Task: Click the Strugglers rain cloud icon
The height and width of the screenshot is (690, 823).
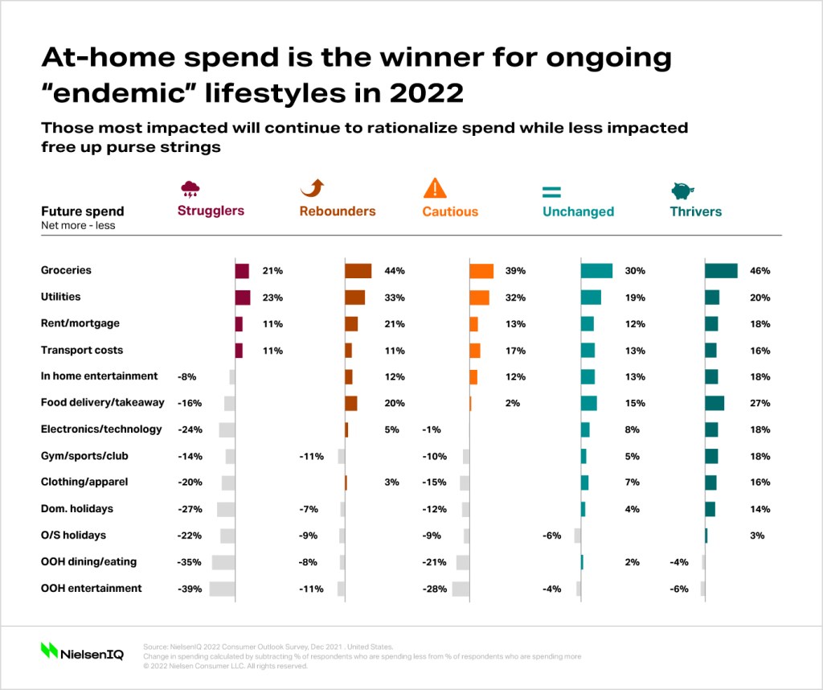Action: [190, 189]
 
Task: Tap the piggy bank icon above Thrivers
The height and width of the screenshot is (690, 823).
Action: [682, 191]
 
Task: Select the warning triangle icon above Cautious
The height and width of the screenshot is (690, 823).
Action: [435, 188]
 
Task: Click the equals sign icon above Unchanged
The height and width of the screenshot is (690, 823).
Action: [551, 191]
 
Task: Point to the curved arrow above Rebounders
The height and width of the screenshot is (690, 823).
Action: [313, 188]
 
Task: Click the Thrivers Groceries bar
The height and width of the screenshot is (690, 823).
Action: [721, 271]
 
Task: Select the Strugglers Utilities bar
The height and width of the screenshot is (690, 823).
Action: [243, 298]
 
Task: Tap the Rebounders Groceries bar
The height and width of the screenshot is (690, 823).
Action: [358, 271]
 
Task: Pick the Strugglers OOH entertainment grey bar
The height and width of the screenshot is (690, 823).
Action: [222, 589]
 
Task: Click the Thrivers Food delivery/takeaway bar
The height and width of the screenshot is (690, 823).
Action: [714, 403]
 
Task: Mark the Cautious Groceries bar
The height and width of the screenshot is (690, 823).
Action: [481, 271]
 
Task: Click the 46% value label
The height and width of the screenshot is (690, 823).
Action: [760, 271]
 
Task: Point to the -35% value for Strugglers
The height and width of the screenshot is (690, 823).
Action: [190, 562]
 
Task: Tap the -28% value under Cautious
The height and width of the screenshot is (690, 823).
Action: [435, 589]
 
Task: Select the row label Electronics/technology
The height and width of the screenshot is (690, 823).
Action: [101, 429]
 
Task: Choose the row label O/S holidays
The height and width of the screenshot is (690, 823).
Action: [73, 535]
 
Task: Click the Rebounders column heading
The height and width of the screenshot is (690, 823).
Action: [338, 211]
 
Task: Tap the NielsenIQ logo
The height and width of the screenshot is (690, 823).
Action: [82, 651]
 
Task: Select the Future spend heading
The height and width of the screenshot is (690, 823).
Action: [83, 211]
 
